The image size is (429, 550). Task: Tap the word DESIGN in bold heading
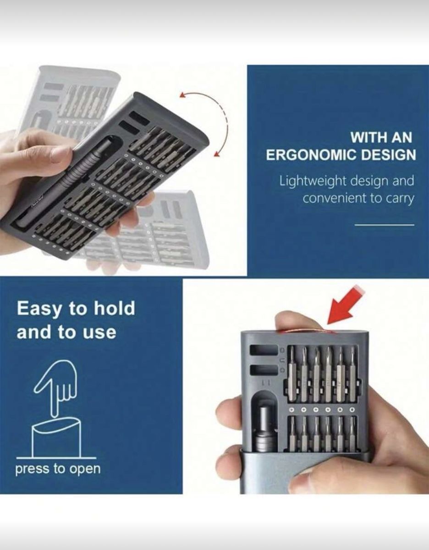(x=388, y=155)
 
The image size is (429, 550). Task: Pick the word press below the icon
(x=32, y=469)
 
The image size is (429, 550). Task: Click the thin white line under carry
(x=384, y=225)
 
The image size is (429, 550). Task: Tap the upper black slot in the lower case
(x=264, y=350)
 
